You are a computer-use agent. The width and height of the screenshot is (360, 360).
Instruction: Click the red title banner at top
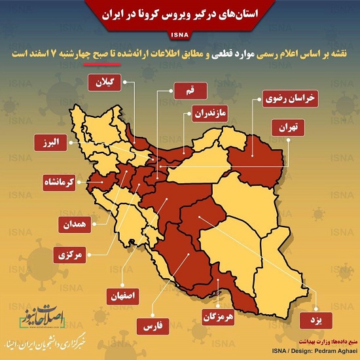[x=179, y=12]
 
